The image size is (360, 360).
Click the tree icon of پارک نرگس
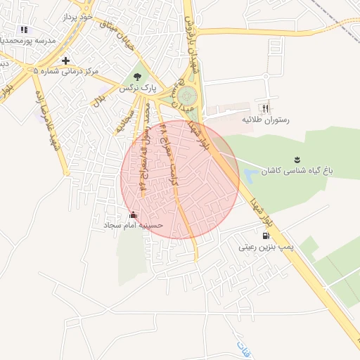[137, 76]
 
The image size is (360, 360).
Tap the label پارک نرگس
[136, 89]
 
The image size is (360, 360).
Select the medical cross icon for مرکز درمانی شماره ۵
[65, 60]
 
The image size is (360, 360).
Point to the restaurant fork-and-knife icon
[265, 108]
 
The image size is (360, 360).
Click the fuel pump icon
[264, 236]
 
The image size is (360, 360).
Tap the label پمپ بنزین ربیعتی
[264, 247]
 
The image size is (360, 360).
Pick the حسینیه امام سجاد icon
[134, 214]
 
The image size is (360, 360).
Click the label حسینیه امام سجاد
[134, 226]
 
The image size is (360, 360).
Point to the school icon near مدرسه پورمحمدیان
[24, 30]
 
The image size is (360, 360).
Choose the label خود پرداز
[77, 15]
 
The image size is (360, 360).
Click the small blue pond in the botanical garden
[250, 171]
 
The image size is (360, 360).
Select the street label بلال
[99, 100]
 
